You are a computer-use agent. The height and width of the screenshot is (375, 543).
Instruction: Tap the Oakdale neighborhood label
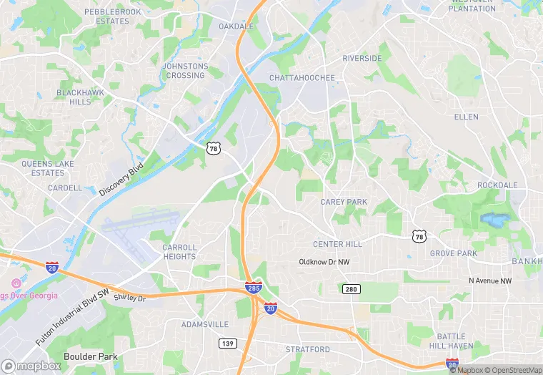236,26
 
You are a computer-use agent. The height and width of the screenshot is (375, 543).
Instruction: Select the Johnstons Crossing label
185,71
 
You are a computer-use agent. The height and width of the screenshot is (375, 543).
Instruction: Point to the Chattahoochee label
302,77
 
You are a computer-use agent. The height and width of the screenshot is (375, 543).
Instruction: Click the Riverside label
362,58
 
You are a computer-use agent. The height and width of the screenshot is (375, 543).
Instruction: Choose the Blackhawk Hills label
74,97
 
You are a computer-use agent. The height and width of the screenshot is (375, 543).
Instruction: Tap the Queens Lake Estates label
47,168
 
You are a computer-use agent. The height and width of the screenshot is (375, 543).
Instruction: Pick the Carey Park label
344,203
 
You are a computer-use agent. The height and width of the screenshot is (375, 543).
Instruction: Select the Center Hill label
338,244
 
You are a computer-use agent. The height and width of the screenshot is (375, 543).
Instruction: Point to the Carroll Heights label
179,252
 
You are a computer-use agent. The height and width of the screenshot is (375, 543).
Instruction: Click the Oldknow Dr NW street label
324,263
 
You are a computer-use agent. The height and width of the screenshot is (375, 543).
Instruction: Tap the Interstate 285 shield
253,288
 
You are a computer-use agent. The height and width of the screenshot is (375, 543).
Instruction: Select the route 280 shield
352,289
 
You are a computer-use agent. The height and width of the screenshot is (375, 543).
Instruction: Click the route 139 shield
227,344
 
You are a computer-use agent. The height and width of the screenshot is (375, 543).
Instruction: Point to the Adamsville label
204,324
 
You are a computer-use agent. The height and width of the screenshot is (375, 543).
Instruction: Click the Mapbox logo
32,365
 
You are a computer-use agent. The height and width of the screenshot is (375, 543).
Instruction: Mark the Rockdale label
497,185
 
